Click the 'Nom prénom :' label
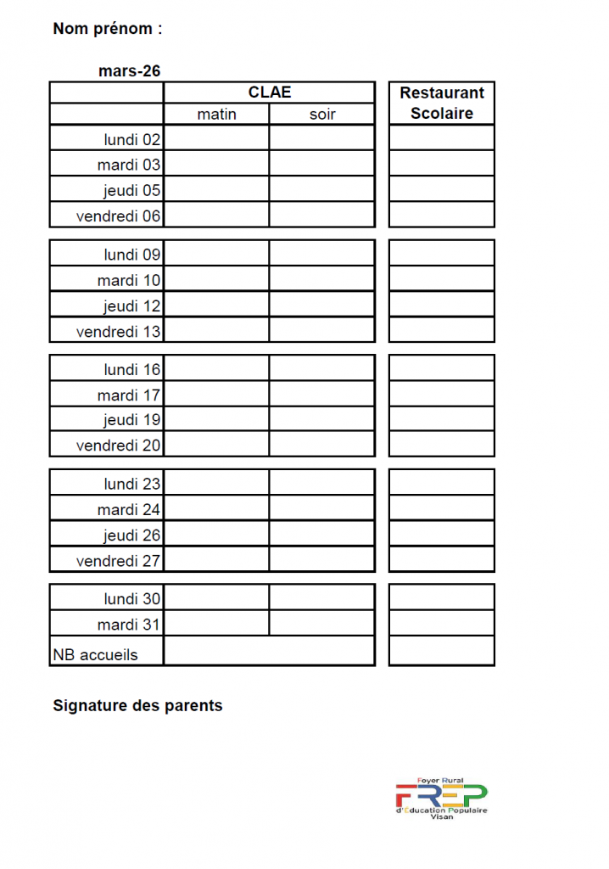107,29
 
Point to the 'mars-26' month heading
129,71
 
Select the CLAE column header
270,93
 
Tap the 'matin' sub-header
216,115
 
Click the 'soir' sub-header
322,115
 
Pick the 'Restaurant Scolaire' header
442,103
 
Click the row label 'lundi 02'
131,139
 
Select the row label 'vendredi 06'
118,216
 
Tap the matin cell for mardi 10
216,279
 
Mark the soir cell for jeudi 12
322,305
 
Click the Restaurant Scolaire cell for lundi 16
442,368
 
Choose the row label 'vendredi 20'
118,445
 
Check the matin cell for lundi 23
216,483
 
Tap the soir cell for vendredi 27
322,560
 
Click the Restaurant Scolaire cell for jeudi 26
442,535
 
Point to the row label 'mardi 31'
128,625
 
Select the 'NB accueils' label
95,654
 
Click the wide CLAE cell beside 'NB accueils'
270,651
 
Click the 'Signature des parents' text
137,705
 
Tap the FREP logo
441,798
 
